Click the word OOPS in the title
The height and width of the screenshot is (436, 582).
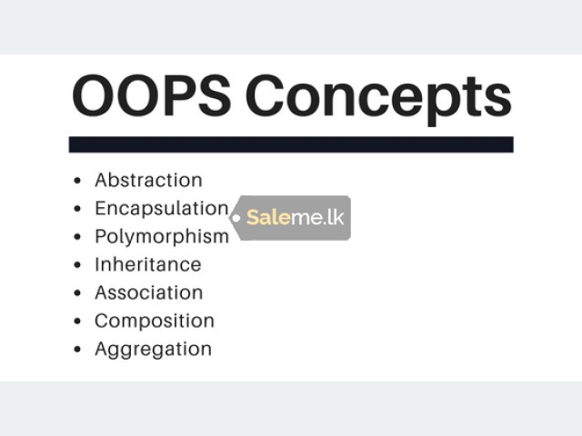(x=152, y=95)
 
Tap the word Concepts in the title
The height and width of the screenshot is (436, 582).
(x=378, y=99)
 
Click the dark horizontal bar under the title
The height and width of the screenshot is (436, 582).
(x=291, y=144)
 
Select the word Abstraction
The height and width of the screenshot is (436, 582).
(x=148, y=180)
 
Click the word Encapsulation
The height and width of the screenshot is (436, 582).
(x=162, y=209)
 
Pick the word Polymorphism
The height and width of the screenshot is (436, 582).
(x=162, y=237)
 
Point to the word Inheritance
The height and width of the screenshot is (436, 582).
(x=148, y=264)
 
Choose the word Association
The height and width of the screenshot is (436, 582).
(x=149, y=292)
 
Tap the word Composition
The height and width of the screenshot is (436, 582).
(x=155, y=321)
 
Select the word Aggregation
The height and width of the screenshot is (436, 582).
(x=154, y=350)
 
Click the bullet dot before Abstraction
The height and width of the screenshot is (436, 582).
(x=77, y=181)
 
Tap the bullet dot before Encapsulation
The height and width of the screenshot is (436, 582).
(x=77, y=209)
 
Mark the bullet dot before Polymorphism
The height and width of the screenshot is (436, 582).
(x=77, y=237)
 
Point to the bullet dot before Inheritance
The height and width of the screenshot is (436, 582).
(x=77, y=265)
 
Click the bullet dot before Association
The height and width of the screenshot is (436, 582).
(x=77, y=293)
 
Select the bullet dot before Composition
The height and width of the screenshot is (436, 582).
(x=77, y=322)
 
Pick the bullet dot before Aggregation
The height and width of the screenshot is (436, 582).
(x=77, y=349)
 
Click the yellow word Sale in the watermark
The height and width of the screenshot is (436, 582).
(x=268, y=217)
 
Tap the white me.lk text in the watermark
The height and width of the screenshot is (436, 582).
(x=317, y=217)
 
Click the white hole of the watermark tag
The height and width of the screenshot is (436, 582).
(x=236, y=218)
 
